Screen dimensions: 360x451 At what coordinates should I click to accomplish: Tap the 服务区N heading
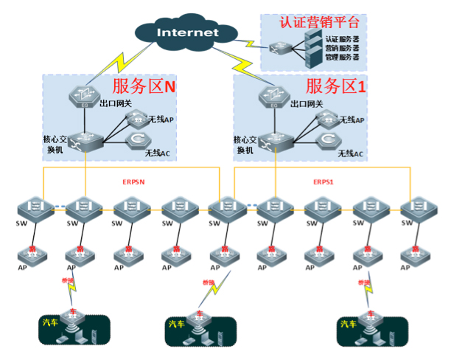coord(144,87)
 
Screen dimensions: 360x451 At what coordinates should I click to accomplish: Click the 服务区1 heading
coord(335,86)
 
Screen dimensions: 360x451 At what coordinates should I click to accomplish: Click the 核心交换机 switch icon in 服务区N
coord(85,139)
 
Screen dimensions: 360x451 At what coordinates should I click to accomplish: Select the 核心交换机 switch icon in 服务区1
coord(276,139)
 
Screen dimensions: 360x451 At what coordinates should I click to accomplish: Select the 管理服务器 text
coord(342,56)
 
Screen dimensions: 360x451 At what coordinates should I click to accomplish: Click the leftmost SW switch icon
coord(33,206)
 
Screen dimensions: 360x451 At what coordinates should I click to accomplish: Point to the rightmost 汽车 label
coord(346,323)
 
